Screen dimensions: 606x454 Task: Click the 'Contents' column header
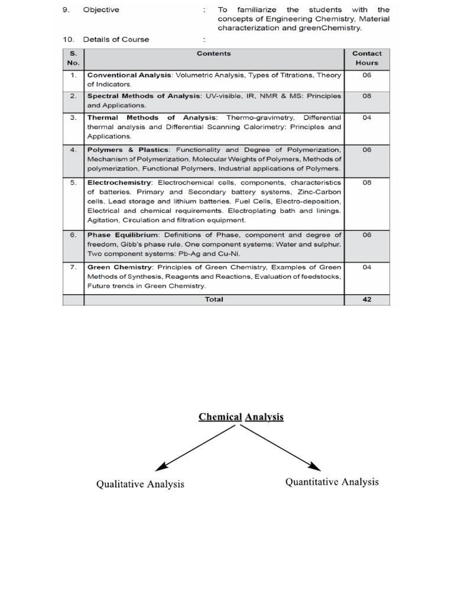(213, 53)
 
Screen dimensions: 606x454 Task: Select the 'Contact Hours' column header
(367, 57)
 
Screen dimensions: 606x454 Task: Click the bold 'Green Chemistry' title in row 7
(120, 267)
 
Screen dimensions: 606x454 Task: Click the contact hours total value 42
(367, 299)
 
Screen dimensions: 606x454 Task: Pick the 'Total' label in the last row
(213, 299)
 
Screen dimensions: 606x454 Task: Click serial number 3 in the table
(73, 118)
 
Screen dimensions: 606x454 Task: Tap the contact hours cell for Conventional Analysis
(367, 75)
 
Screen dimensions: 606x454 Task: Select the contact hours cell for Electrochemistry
(367, 183)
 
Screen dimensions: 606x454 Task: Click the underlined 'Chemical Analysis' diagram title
(241, 417)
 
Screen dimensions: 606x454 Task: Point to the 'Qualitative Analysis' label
(140, 484)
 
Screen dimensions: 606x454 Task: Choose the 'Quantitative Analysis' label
(332, 482)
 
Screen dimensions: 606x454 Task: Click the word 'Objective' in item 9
(101, 9)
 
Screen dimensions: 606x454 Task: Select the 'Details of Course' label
(116, 40)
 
